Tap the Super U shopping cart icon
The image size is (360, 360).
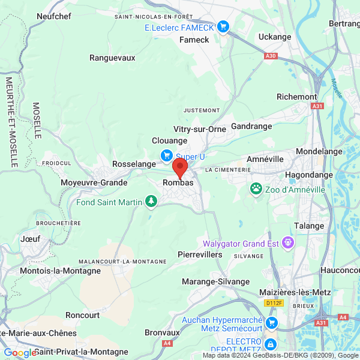[x=167, y=156]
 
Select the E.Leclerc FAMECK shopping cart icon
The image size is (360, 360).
[x=223, y=26]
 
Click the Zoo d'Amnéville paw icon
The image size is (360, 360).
[x=256, y=189]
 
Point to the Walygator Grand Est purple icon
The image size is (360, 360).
[x=289, y=243]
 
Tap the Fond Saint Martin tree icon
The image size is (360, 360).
[x=152, y=202]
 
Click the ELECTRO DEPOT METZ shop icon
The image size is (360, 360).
[x=270, y=345]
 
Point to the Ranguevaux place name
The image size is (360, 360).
[x=112, y=58]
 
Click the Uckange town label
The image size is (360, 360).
[x=274, y=37]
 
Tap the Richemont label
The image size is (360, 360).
[x=296, y=97]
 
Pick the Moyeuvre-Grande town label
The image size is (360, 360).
[x=94, y=182]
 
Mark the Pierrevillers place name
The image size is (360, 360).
[x=200, y=254]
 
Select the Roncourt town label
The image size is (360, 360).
[x=83, y=315]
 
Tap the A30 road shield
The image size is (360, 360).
[x=271, y=56]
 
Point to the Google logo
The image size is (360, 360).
[x=20, y=353]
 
